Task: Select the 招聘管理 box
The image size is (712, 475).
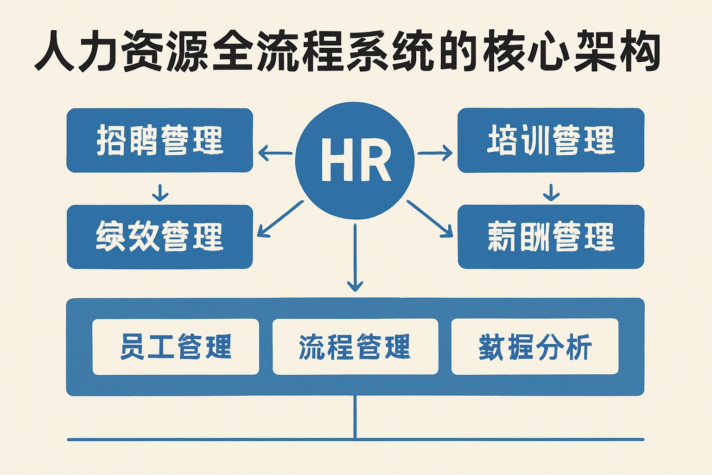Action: pos(160,140)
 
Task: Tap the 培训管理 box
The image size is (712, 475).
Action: pos(551,140)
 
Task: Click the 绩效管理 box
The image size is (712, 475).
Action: pos(160,237)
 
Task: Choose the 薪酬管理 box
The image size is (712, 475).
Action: pos(551,237)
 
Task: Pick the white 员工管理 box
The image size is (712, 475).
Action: pos(176,347)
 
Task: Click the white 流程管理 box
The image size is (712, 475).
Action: pos(355,347)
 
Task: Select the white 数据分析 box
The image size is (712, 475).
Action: pos(535,347)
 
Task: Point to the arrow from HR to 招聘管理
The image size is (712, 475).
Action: pos(275,153)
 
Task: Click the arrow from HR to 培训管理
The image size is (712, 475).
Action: pos(435,153)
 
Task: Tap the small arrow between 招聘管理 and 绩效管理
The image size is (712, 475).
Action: pos(160,193)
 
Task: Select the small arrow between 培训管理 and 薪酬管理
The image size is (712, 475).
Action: pos(551,193)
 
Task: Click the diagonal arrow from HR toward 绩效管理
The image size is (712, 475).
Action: pos(280,219)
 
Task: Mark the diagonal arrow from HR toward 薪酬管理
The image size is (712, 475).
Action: pos(430,219)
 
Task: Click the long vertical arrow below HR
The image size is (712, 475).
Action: pos(355,257)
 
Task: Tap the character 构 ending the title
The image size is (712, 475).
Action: pos(640,51)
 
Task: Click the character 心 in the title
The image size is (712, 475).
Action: pos(549,51)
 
